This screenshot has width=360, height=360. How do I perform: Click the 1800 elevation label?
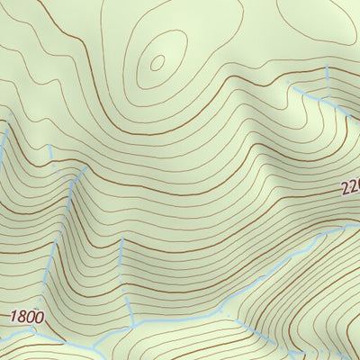click(x=27, y=317)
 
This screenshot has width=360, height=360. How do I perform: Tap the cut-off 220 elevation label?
click(x=349, y=188)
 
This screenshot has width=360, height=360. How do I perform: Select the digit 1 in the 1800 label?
click(x=14, y=317)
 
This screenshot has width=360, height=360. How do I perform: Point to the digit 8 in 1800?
click(x=22, y=317)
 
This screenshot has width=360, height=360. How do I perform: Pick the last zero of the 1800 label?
click(x=39, y=317)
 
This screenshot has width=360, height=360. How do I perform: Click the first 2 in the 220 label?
click(x=344, y=190)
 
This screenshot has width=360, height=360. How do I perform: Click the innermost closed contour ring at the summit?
click(x=157, y=62)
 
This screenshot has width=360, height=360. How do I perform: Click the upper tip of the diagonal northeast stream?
click(x=290, y=83)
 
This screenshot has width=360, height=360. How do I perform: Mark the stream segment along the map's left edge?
click(x=4, y=144)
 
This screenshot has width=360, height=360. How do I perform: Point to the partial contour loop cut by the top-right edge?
click(x=315, y=22)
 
